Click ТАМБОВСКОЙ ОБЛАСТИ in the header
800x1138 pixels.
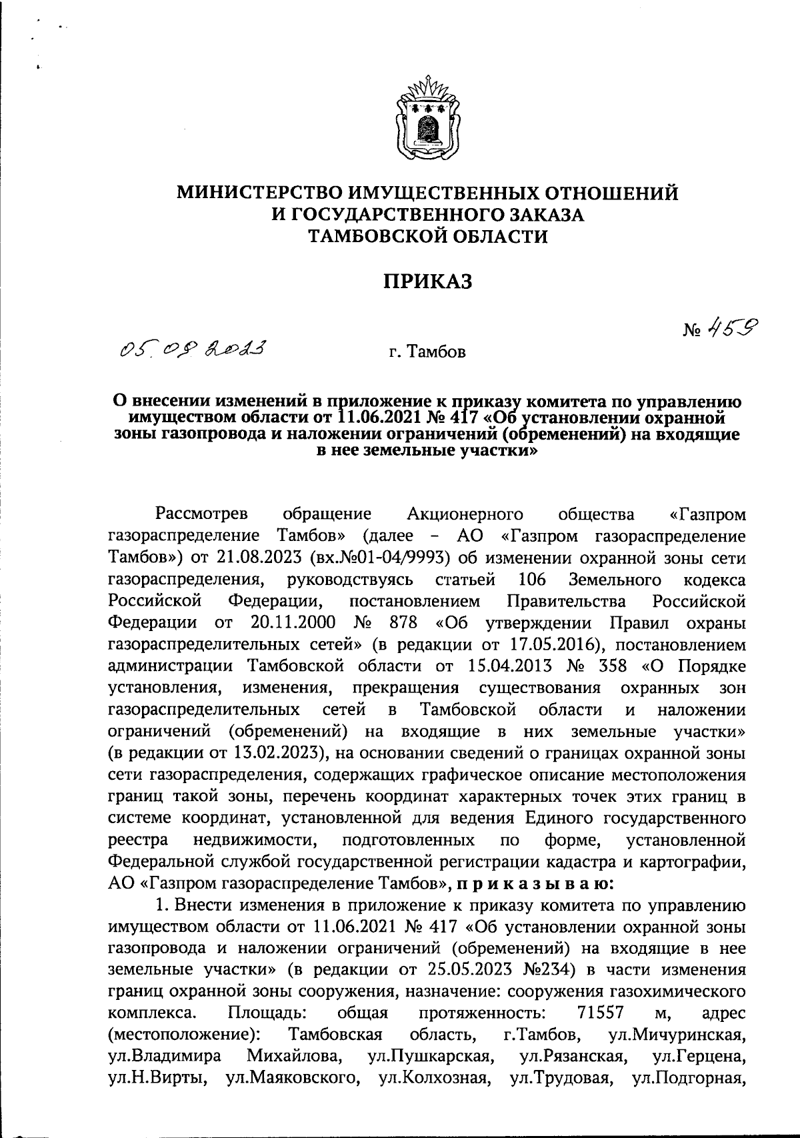[427, 235]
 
